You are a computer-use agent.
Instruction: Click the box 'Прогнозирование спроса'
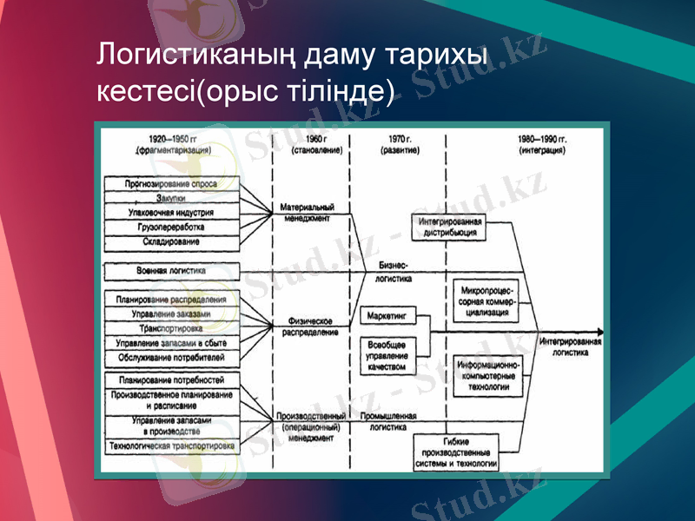(170, 184)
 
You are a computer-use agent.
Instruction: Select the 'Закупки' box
(170, 198)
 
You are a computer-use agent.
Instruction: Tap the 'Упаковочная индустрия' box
(170, 212)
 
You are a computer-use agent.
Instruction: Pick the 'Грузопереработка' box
(170, 227)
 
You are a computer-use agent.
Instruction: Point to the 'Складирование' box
(170, 241)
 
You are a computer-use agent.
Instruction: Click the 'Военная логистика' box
(170, 271)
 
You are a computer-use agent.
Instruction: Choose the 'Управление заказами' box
(170, 313)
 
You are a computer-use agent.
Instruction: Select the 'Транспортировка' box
(170, 329)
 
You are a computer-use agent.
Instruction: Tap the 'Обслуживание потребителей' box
(170, 358)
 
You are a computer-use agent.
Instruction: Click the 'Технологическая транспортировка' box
(170, 446)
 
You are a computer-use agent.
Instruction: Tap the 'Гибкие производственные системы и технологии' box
(458, 453)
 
